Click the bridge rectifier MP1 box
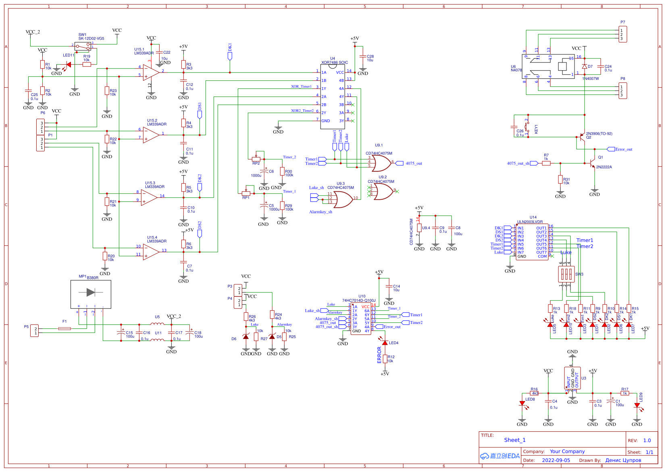(x=91, y=294)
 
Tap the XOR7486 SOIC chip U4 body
(x=332, y=97)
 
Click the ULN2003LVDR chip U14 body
(x=532, y=242)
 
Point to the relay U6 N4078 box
(x=548, y=67)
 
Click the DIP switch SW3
(x=566, y=274)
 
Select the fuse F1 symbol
(x=65, y=328)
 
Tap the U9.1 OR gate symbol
(x=380, y=163)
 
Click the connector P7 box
(x=623, y=35)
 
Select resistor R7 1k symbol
(x=546, y=163)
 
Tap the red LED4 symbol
(x=385, y=343)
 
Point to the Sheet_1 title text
(x=514, y=440)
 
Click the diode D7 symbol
(x=584, y=66)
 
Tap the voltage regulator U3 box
(x=572, y=378)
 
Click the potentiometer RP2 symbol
(x=256, y=159)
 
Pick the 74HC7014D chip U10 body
(x=361, y=319)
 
